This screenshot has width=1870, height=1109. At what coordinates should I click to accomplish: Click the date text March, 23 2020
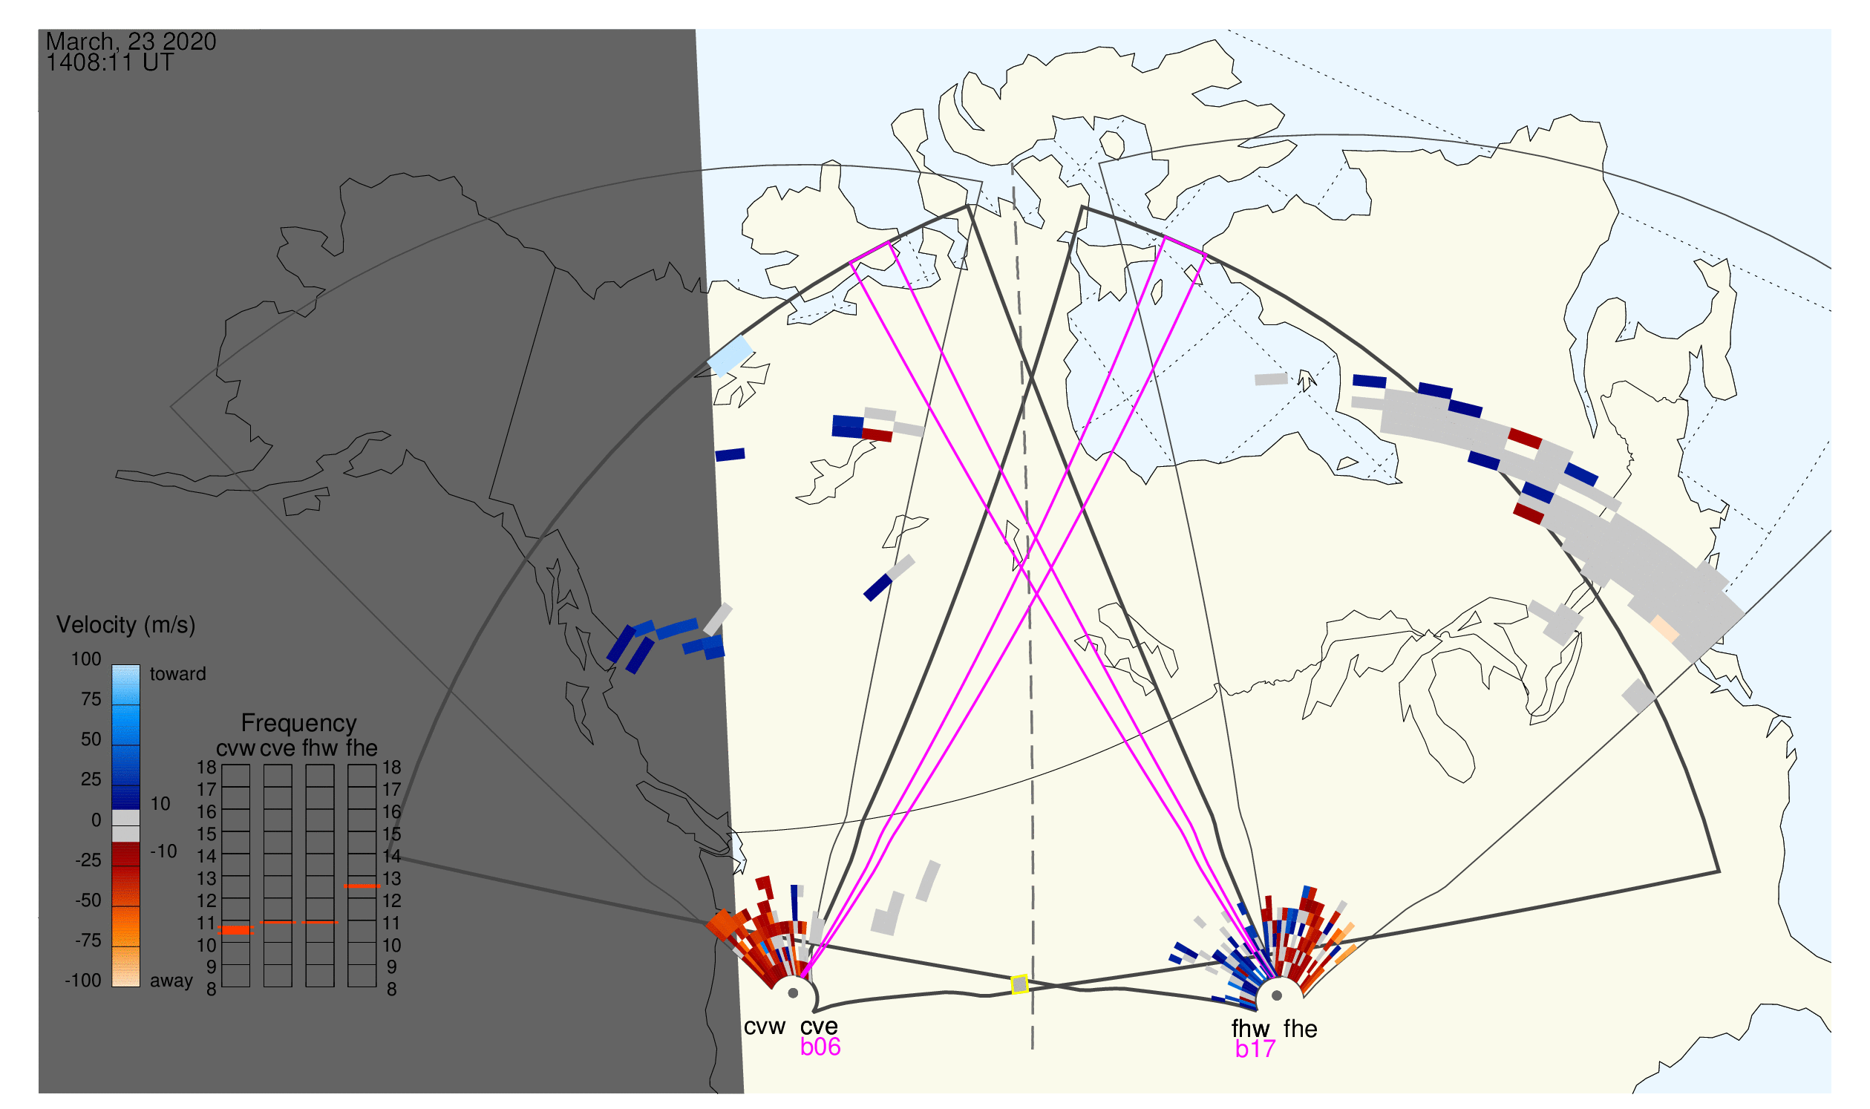[131, 42]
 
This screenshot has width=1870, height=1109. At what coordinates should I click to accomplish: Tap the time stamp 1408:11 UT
[110, 63]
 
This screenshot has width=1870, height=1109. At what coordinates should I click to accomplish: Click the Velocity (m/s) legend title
[125, 626]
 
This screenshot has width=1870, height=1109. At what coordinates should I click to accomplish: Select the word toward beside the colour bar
[178, 674]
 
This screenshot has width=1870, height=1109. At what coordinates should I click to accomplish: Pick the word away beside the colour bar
[171, 981]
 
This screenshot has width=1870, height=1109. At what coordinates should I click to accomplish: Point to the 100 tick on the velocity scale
[86, 659]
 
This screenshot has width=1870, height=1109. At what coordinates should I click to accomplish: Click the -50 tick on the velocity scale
[88, 900]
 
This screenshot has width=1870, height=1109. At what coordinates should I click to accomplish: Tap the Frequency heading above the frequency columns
[298, 724]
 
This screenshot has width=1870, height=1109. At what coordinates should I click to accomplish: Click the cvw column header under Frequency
[235, 748]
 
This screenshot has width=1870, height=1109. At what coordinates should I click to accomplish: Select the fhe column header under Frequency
[362, 748]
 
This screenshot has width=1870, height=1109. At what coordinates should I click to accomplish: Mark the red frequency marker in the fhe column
[362, 886]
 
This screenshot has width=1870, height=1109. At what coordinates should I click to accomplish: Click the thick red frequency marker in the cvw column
[236, 930]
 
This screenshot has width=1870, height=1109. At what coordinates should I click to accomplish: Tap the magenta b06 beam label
[820, 1047]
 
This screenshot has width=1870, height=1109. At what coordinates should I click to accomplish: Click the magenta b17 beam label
[1255, 1050]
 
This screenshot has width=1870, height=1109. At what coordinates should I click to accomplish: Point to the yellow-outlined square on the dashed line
[1019, 985]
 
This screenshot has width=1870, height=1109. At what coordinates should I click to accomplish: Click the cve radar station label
[819, 1027]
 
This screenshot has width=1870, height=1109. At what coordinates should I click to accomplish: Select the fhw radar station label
[1250, 1029]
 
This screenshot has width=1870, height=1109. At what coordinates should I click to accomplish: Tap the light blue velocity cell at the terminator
[730, 356]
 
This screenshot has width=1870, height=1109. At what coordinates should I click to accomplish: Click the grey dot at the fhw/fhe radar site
[1277, 995]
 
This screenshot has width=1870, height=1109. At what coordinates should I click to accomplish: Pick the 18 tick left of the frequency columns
[206, 768]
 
